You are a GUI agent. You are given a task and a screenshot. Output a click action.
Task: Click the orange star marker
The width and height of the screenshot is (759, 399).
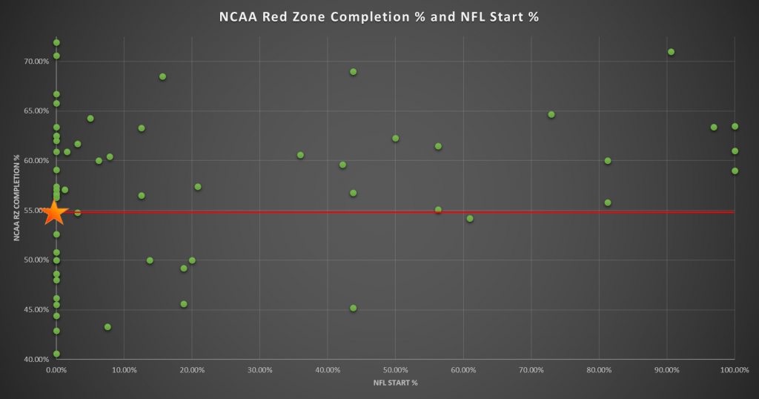[55, 213]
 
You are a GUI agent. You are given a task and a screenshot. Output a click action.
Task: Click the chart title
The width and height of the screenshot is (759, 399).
[379, 16]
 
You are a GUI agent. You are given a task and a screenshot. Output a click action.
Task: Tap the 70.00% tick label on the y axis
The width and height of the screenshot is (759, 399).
[36, 62]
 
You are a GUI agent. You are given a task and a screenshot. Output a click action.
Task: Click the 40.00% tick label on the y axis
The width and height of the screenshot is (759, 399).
[36, 360]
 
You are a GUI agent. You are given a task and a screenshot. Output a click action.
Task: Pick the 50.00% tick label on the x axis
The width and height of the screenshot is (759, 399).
[395, 369]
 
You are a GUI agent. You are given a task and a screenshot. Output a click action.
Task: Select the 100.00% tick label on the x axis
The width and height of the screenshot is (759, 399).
[734, 369]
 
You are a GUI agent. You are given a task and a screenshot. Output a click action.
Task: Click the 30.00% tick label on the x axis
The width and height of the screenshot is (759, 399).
[259, 369]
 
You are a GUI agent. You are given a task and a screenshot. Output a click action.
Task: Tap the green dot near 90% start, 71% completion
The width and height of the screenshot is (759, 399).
[671, 52]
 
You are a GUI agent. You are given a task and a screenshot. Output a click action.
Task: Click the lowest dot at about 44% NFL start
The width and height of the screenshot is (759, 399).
[353, 308]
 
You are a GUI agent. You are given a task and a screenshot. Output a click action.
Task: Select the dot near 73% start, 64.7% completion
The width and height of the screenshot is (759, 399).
[551, 114]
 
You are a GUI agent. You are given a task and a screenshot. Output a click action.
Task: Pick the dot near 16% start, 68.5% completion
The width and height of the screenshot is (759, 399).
[162, 76]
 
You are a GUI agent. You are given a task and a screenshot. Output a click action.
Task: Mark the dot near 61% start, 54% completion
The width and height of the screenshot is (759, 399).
[469, 219]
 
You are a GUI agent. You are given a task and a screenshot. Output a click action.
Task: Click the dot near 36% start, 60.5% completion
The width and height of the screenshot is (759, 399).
[300, 155]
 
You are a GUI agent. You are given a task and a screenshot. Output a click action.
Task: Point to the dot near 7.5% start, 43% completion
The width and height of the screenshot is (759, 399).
[107, 327]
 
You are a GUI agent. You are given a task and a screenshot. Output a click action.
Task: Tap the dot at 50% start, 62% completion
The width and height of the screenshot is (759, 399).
[395, 139]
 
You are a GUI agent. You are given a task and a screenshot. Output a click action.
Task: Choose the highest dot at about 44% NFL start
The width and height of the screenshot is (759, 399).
[353, 72]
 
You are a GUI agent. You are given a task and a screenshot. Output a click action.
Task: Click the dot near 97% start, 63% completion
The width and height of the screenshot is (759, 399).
[713, 128]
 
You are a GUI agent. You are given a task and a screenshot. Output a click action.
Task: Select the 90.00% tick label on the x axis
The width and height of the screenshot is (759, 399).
[666, 369]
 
